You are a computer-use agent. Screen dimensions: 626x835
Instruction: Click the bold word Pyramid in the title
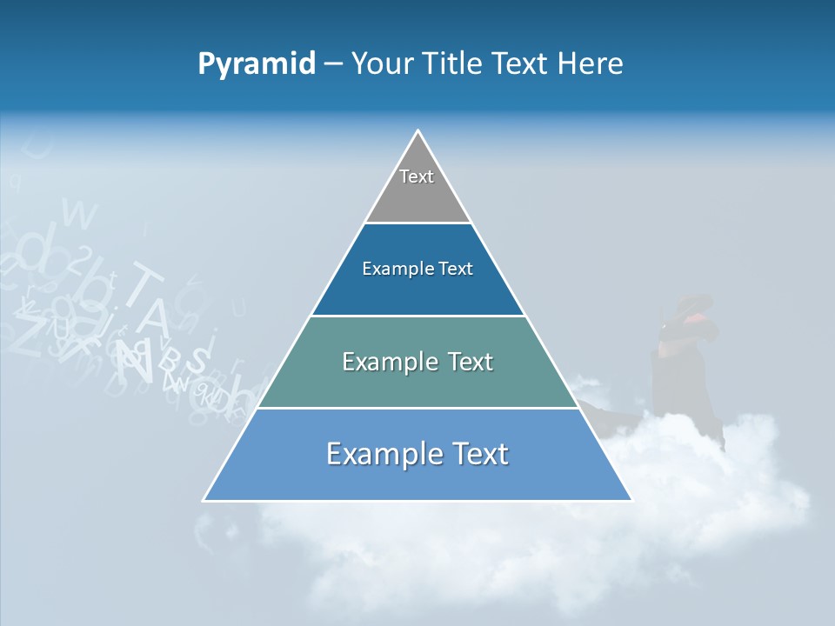tap(256, 64)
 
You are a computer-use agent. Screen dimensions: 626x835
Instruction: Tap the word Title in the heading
tap(457, 64)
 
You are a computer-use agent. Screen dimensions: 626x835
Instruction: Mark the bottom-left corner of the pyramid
tap(204, 500)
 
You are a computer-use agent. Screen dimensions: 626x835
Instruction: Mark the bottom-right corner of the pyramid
tap(631, 500)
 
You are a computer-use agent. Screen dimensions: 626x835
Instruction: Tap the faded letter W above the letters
tap(80, 214)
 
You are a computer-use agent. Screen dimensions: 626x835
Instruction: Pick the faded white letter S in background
tap(198, 357)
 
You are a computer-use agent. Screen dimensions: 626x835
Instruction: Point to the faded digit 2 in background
tap(82, 258)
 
